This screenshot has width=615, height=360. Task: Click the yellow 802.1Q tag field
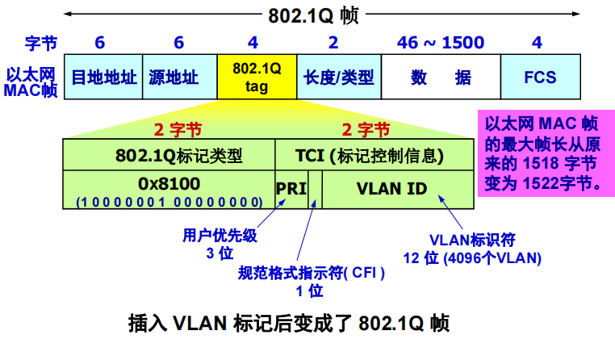point(257,77)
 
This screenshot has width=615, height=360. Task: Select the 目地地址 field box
point(102,77)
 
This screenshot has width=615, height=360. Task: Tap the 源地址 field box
point(179,77)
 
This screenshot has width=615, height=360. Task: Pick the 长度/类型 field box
point(338,77)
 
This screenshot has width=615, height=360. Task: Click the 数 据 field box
point(440,77)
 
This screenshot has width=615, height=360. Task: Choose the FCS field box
point(540,77)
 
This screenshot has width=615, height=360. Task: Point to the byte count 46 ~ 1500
point(440,43)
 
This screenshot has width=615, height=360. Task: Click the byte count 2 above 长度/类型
point(334,43)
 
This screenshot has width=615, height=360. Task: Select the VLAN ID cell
point(391,189)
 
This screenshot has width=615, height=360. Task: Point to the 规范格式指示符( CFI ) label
point(312,273)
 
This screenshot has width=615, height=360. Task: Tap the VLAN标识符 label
point(472,240)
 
